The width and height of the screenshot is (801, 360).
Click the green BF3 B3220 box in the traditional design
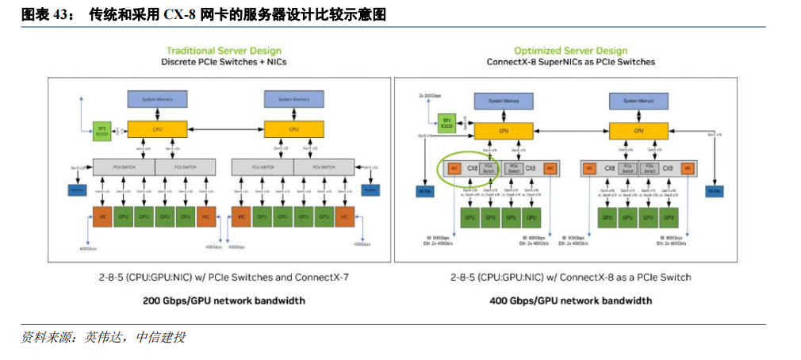click(x=102, y=129)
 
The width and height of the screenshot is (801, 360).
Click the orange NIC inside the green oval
click(x=454, y=168)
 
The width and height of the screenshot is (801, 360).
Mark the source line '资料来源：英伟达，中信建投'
click(x=103, y=338)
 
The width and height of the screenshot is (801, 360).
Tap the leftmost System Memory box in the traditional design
click(x=157, y=100)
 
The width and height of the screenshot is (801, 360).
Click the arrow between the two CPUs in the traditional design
click(x=225, y=128)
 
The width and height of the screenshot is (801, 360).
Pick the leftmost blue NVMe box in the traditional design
click(x=78, y=190)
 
